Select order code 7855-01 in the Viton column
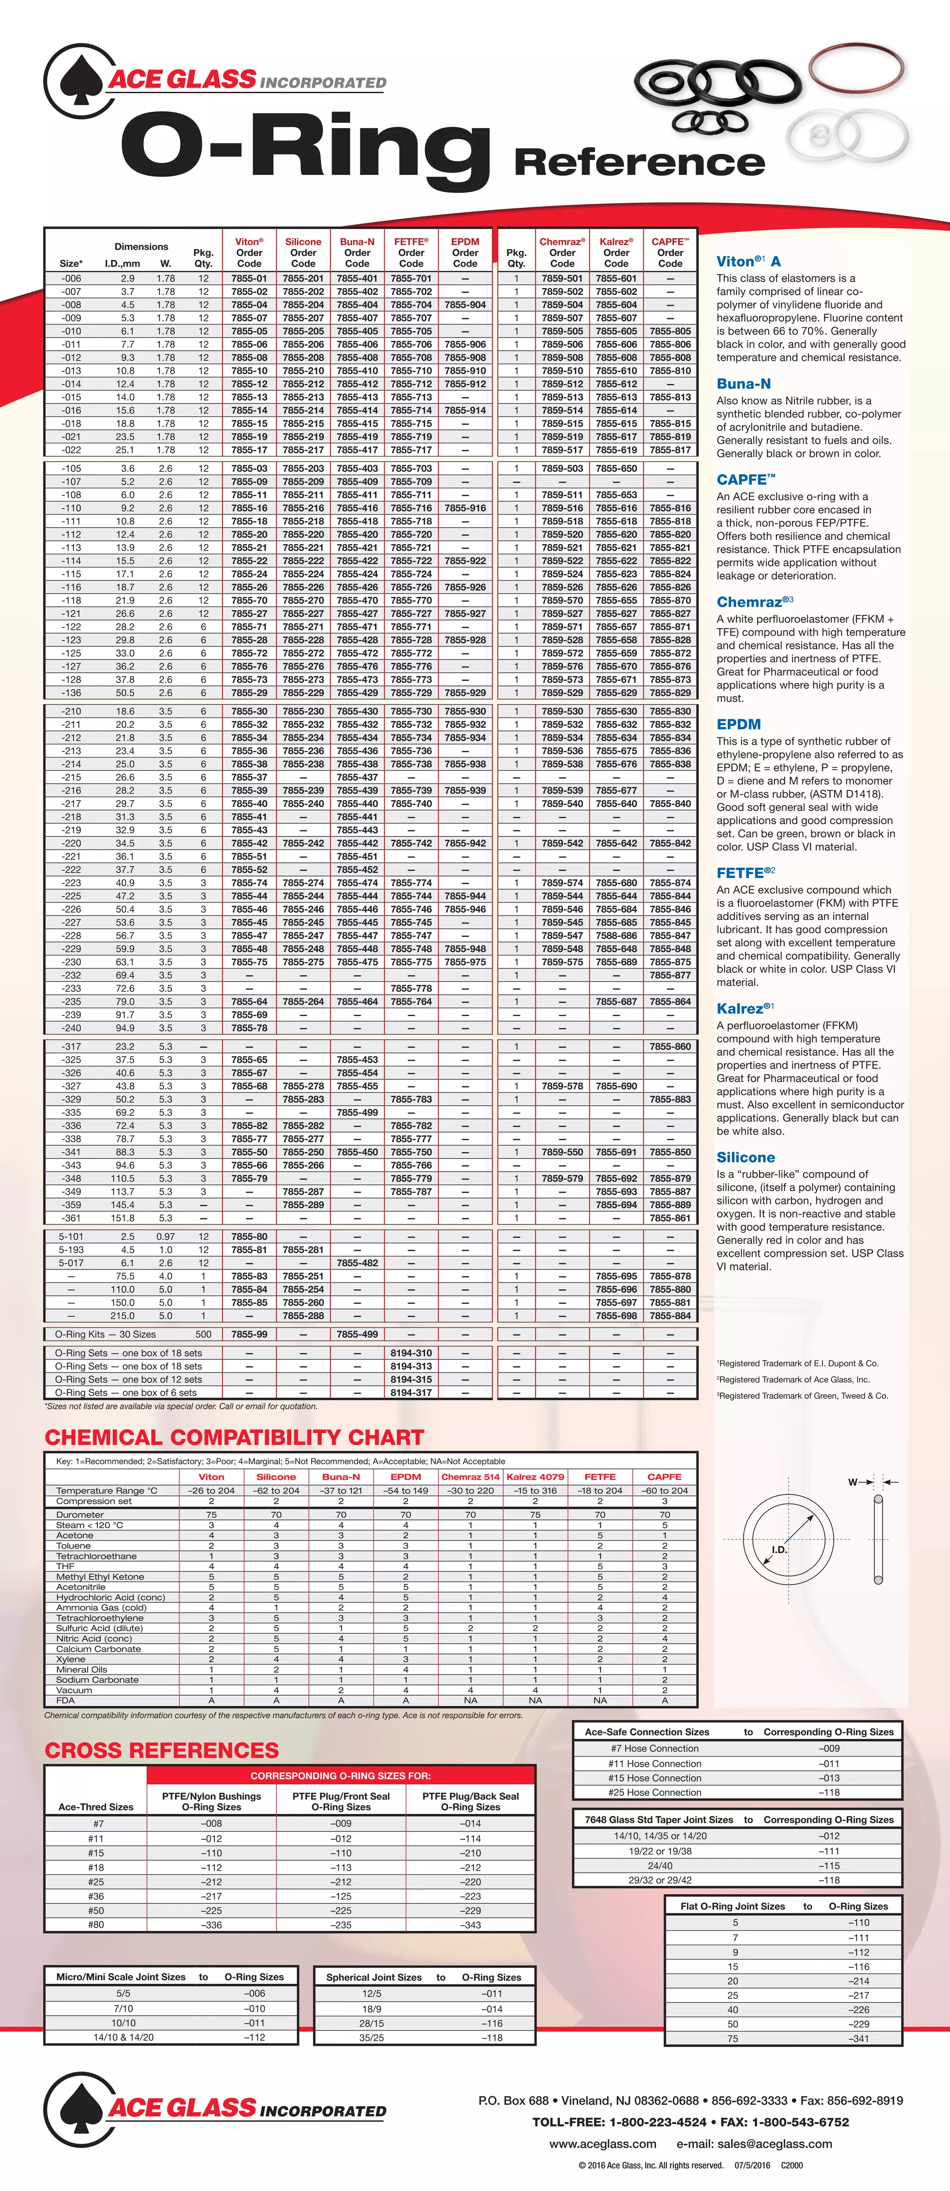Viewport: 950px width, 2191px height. coord(249,278)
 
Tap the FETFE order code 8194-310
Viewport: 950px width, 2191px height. coord(411,1352)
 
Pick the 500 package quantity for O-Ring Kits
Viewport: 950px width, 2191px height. coord(203,1333)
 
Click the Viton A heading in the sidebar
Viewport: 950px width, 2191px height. coord(748,261)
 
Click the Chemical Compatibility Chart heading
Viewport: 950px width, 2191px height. coord(234,1437)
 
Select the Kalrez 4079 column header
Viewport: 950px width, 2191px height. coord(535,1477)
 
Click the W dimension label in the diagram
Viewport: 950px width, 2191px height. coord(852,1482)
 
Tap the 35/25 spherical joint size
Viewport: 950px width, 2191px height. coord(372,2037)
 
